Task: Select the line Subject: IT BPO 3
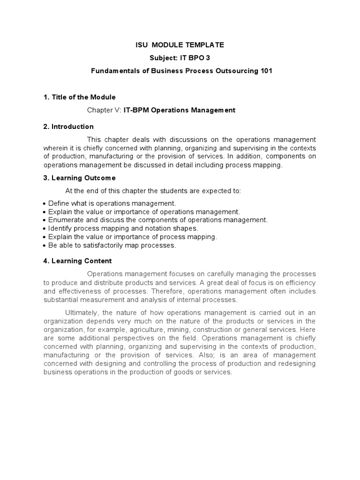click(180, 58)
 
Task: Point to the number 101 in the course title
click(263, 71)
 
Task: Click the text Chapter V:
click(104, 110)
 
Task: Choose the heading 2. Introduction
click(68, 127)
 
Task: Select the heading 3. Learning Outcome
click(79, 178)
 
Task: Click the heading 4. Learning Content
click(77, 261)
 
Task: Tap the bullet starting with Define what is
click(112, 203)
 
